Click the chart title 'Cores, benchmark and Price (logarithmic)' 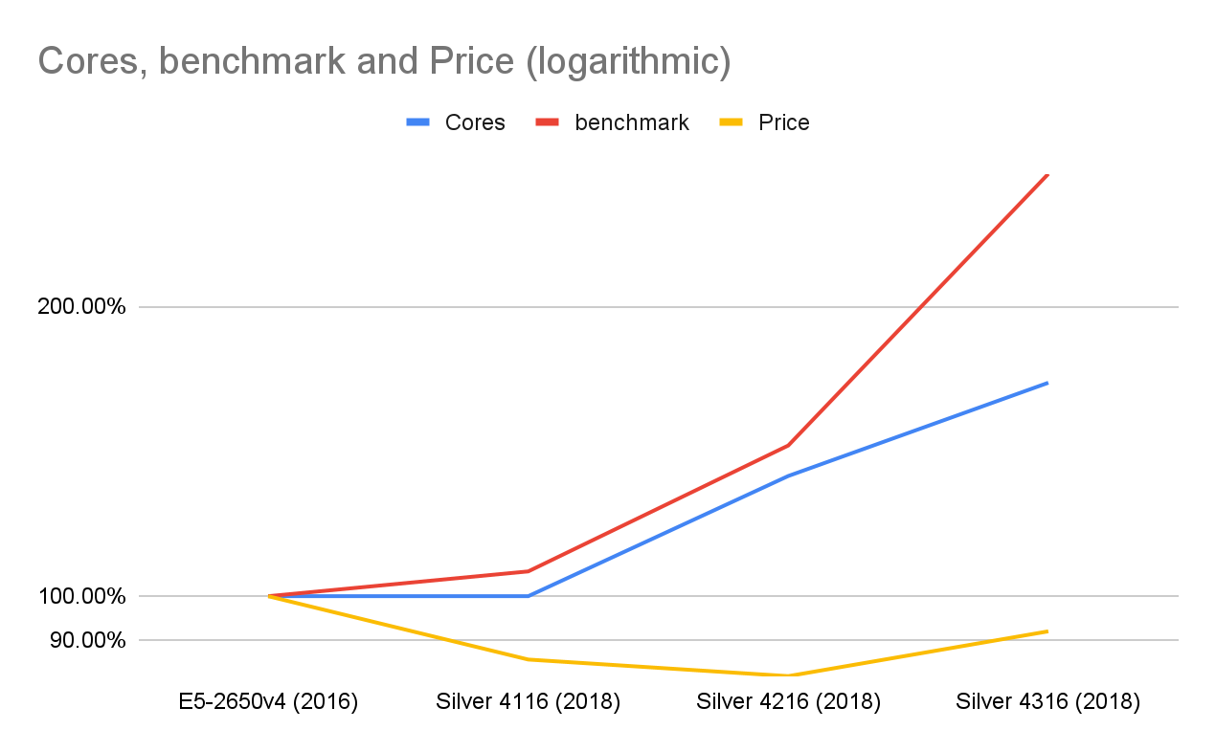384,61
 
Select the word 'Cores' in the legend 475,122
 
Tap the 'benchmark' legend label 632,122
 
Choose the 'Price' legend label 783,122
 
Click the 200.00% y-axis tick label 81,307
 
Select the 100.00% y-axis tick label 81,596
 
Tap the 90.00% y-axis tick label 87,640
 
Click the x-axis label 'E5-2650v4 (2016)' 268,702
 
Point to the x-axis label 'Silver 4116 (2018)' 529,702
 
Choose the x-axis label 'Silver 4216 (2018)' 788,702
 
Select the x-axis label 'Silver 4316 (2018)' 1047,702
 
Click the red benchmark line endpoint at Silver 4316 1047,175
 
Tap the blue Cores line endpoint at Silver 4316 1047,383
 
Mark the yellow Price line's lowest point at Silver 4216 788,675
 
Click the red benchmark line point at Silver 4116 529,571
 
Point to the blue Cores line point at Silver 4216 788,476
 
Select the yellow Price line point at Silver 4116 529,659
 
